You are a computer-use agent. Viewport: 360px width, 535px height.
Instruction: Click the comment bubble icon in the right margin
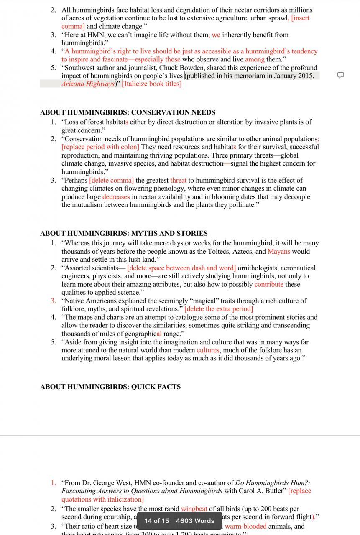(340, 75)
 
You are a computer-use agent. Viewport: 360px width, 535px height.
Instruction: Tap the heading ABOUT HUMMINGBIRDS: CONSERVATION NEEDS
(128, 112)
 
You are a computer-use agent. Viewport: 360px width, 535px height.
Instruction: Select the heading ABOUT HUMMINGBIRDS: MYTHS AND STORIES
(124, 233)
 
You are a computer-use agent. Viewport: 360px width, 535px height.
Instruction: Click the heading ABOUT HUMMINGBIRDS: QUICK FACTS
(110, 387)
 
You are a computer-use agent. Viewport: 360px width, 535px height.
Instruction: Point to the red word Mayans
(278, 251)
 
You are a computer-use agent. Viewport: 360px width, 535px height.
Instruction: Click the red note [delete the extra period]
(218, 309)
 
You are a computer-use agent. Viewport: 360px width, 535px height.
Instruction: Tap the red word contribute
(269, 284)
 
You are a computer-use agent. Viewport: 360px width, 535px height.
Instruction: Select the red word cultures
(208, 350)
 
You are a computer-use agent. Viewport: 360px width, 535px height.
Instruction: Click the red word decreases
(116, 196)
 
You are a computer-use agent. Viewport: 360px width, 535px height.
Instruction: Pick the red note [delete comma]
(111, 180)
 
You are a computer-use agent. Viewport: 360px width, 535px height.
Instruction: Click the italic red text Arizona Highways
(88, 84)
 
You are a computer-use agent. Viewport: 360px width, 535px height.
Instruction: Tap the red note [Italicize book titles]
(151, 84)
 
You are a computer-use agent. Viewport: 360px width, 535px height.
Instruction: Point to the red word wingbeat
(194, 509)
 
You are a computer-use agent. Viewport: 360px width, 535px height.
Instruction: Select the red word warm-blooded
(245, 526)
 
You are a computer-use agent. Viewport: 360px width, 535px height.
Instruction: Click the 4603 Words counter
(195, 521)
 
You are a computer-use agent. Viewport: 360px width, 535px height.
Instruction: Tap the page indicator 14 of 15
(157, 521)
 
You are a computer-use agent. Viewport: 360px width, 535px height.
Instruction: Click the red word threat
(178, 180)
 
